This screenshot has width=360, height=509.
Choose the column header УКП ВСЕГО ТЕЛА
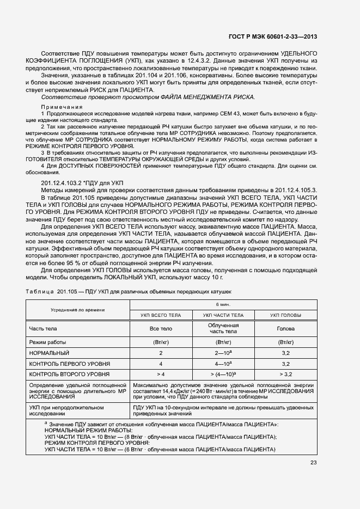click(x=161, y=315)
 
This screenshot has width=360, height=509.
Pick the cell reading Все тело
click(x=161, y=329)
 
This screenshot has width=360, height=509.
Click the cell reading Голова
click(x=286, y=329)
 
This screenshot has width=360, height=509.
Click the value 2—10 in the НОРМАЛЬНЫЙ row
click(x=222, y=353)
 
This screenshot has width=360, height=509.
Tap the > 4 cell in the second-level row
click(x=161, y=374)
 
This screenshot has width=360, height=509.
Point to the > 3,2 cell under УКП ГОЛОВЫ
click(x=286, y=374)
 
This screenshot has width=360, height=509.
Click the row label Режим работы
click(x=48, y=342)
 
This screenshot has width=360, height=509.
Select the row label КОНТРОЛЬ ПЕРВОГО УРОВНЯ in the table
click(x=70, y=363)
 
